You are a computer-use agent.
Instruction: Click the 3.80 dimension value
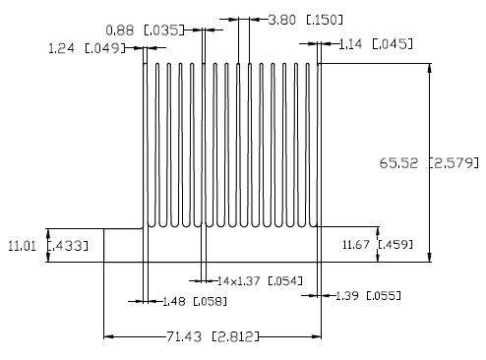(281, 20)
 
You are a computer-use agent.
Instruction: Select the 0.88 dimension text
(120, 30)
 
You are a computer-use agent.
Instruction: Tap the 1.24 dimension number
(61, 48)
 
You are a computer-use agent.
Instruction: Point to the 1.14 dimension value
(350, 44)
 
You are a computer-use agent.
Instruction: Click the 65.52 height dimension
(398, 163)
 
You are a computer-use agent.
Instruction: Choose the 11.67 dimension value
(356, 245)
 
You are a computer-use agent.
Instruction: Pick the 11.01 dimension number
(22, 246)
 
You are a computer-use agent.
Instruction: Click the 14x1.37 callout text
(238, 281)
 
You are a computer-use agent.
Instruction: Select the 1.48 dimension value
(174, 301)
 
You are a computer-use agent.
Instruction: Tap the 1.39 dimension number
(347, 296)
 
